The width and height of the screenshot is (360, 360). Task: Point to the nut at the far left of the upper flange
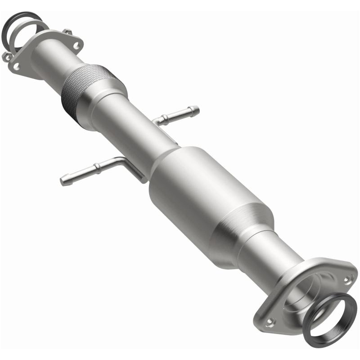click(x=7, y=57)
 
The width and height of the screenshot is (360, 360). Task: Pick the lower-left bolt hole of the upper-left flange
click(x=17, y=66)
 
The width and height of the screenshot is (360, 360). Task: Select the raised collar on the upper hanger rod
click(x=166, y=118)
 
